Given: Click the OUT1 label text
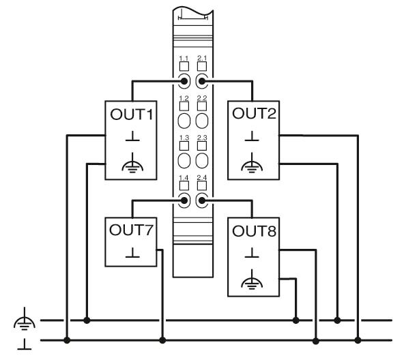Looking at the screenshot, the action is pyautogui.click(x=132, y=115).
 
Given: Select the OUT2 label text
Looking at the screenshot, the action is pyautogui.click(x=254, y=114).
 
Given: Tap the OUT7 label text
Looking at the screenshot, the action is pyautogui.click(x=131, y=230).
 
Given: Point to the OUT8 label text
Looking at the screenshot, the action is pyautogui.click(x=254, y=231).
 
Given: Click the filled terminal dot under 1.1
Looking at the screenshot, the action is pyautogui.click(x=184, y=81).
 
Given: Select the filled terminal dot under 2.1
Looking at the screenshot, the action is pyautogui.click(x=202, y=81).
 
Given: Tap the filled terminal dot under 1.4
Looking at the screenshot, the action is pyautogui.click(x=184, y=200).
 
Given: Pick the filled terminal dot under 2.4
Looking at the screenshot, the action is pyautogui.click(x=202, y=200).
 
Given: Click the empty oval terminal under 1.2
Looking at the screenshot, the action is pyautogui.click(x=184, y=121).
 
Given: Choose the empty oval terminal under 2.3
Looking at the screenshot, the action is pyautogui.click(x=202, y=160).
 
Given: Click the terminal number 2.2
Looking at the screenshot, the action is pyautogui.click(x=202, y=98).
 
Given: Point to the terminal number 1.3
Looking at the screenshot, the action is pyautogui.click(x=184, y=138).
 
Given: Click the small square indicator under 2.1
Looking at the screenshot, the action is pyautogui.click(x=202, y=66).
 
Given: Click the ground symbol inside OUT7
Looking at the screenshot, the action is pyautogui.click(x=132, y=253).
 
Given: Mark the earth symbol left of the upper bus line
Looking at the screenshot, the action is pyautogui.click(x=25, y=319).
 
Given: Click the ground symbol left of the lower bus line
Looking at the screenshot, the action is pyautogui.click(x=25, y=344).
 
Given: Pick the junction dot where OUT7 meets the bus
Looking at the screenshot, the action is pyautogui.click(x=162, y=340).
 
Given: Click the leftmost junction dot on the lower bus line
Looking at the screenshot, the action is pyautogui.click(x=67, y=340).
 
